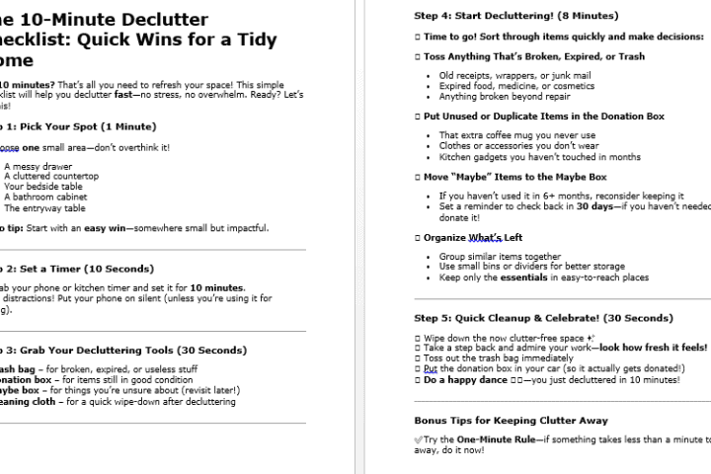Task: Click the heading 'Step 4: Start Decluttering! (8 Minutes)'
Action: [516, 16]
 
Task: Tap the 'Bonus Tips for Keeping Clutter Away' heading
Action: [512, 420]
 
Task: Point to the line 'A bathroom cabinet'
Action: [45, 197]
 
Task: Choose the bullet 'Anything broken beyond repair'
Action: [506, 97]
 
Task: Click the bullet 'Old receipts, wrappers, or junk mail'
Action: [514, 75]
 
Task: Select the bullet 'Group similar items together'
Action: [501, 256]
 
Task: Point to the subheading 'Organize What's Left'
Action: [473, 238]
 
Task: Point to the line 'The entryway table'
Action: [44, 207]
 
